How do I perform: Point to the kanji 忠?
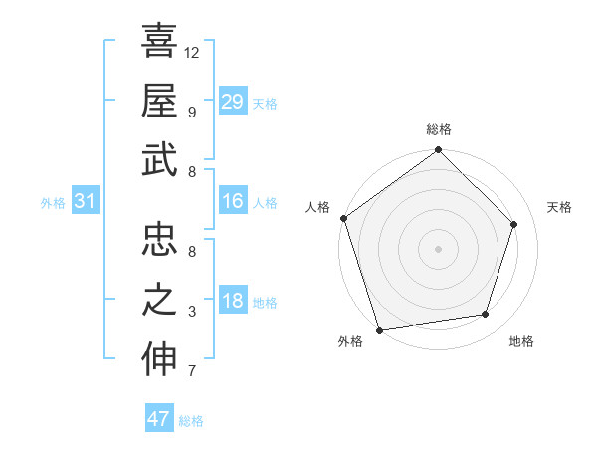(159, 239)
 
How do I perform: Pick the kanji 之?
(159, 300)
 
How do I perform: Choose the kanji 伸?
(159, 359)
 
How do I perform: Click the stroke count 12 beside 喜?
(192, 52)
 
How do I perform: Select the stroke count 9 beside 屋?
(191, 112)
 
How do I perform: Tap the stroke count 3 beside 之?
(191, 312)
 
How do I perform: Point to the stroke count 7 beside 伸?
(191, 372)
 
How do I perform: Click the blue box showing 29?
(232, 101)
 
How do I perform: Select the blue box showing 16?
(232, 202)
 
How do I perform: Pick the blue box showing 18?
(232, 302)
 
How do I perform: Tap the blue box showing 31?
(86, 202)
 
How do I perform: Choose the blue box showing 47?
(159, 419)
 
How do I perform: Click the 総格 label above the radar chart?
(439, 129)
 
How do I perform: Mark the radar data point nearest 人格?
(344, 219)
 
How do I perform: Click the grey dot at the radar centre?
(438, 248)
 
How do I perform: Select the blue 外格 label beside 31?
(53, 203)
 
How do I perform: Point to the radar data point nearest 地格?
(486, 315)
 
